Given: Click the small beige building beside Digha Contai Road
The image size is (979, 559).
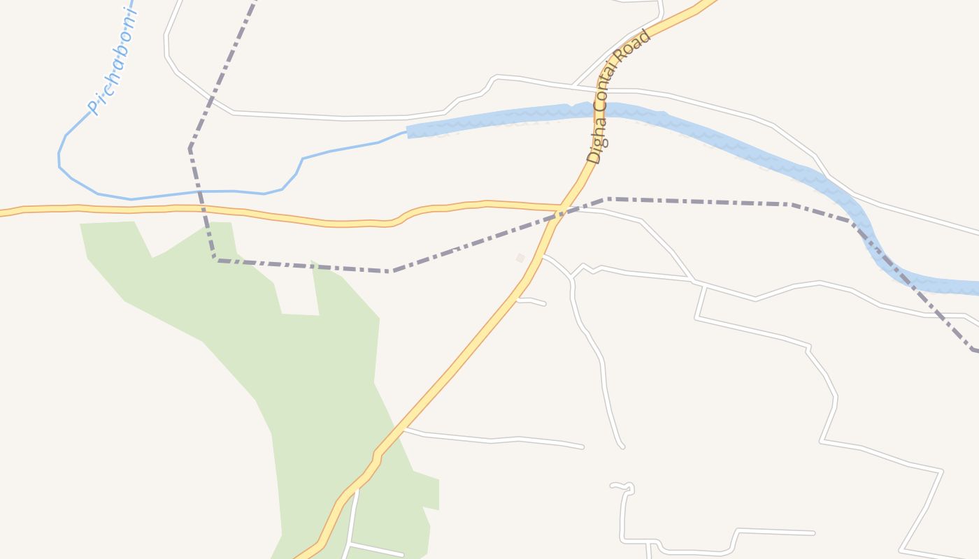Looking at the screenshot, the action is tap(520, 258).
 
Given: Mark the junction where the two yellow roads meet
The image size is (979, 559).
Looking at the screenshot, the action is tap(559, 209).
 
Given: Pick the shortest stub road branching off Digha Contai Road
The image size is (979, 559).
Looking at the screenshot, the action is tap(531, 301).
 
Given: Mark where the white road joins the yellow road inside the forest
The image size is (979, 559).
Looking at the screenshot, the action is tap(357, 489).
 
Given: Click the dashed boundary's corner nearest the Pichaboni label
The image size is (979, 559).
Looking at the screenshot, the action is tap(190, 148).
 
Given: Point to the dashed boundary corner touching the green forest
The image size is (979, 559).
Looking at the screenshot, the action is tap(215, 259).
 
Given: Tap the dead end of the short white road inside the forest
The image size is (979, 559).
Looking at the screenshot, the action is tap(401, 555).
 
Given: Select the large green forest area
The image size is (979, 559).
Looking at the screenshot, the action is tap(315, 391).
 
